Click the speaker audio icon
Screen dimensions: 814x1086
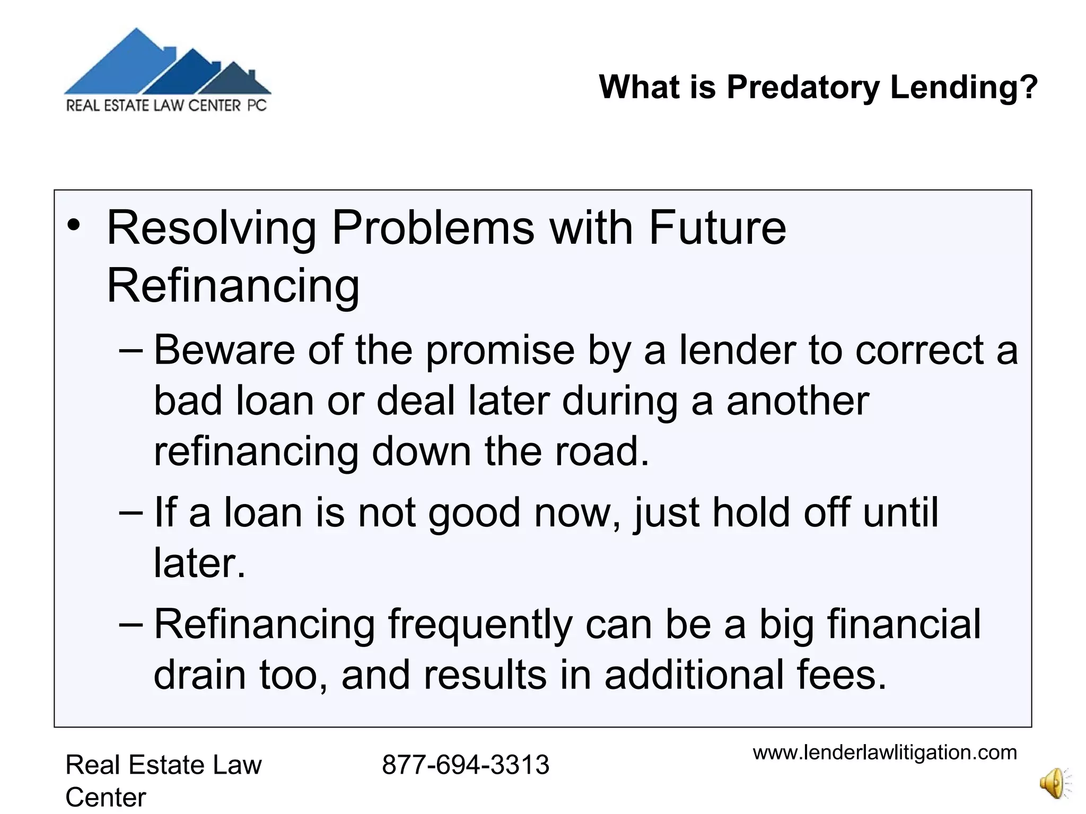click(x=1055, y=783)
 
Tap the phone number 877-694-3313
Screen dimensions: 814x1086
click(x=465, y=765)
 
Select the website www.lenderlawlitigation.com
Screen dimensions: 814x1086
click(x=884, y=753)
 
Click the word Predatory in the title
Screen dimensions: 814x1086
click(x=803, y=87)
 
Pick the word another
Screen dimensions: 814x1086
click(x=798, y=401)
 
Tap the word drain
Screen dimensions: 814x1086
click(x=200, y=675)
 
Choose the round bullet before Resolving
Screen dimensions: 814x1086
click(x=73, y=226)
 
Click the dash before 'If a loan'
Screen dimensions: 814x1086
click(x=131, y=512)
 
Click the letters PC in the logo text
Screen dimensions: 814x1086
click(x=257, y=105)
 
